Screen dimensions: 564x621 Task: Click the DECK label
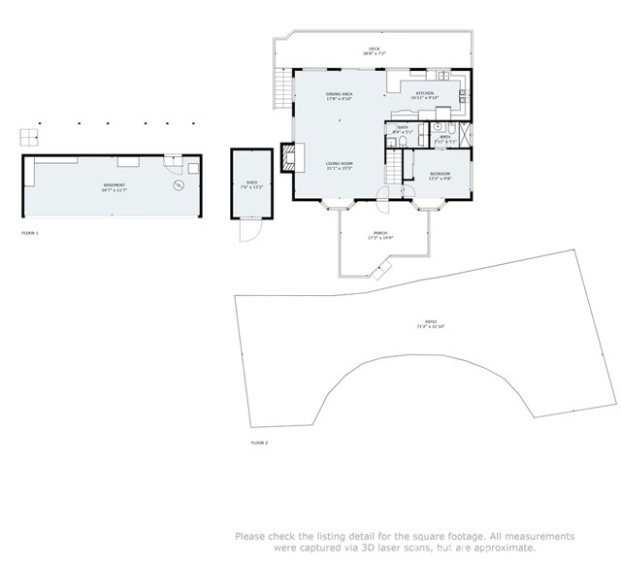pos(374,50)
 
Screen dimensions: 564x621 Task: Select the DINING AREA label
pos(339,95)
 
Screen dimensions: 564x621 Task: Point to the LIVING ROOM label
pos(339,165)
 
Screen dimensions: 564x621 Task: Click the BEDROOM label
pos(441,176)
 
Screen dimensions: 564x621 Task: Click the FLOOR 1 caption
pos(31,234)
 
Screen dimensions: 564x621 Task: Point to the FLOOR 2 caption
pos(259,443)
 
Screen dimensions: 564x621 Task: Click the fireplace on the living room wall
pos(288,156)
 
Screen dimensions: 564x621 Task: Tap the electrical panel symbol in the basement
pos(178,184)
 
